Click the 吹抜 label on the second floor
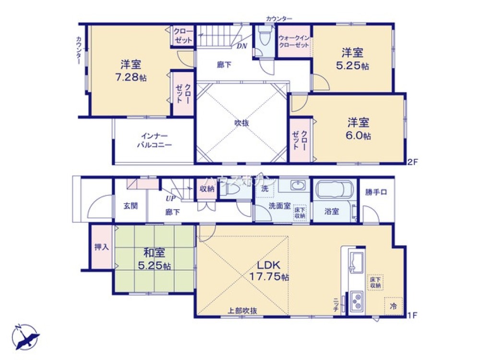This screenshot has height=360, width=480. click(241, 123)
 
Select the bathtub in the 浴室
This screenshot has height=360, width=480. click(333, 191)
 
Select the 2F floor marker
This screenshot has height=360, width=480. click(413, 162)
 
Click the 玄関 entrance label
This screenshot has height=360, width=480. click(131, 205)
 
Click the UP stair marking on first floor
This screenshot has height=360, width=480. click(170, 198)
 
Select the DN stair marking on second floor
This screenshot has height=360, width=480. click(242, 46)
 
